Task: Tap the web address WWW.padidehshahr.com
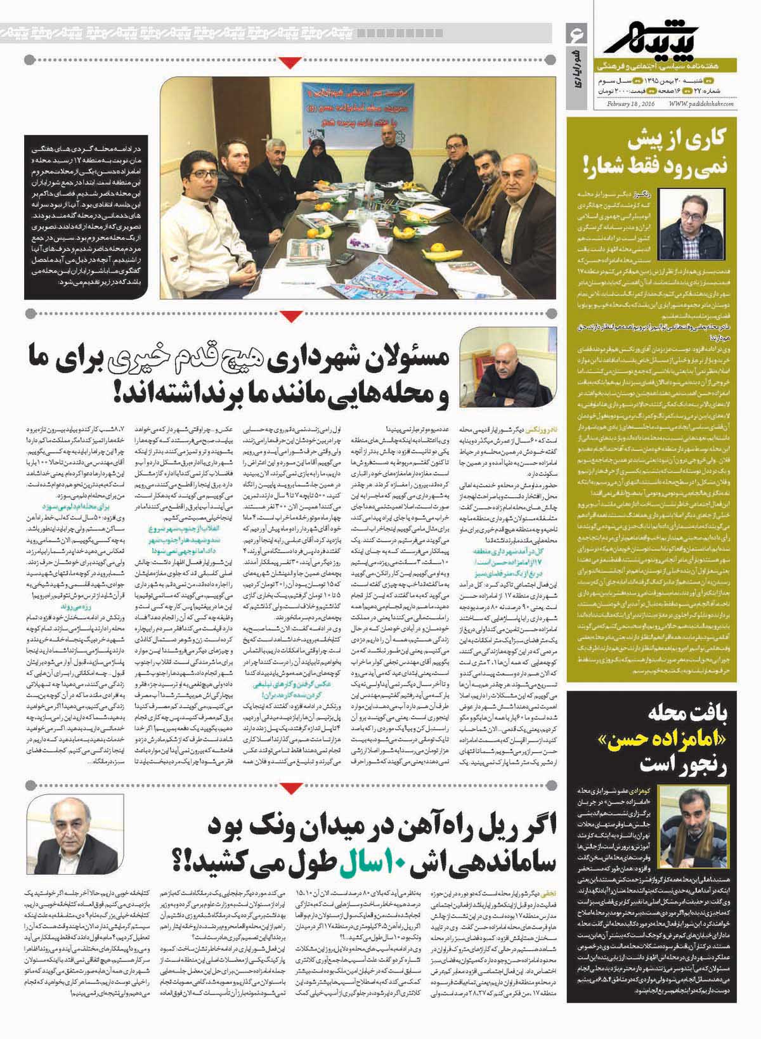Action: pos(701,105)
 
